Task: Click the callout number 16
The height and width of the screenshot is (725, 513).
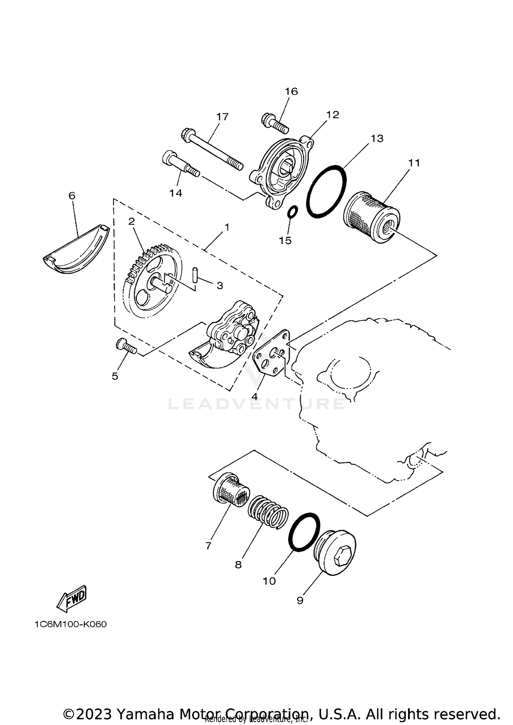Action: coord(291,91)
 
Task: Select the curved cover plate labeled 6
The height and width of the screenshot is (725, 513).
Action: coord(77,251)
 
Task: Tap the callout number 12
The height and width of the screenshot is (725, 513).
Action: coord(332,115)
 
